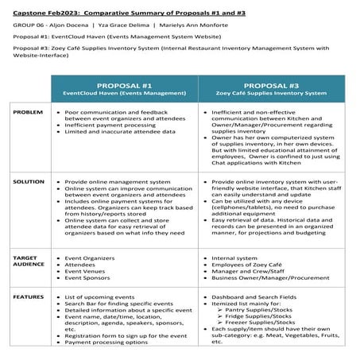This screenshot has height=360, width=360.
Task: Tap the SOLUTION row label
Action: click(29, 182)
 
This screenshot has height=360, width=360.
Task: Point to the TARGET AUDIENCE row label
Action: click(26, 263)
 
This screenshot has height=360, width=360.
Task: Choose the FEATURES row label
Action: click(29, 296)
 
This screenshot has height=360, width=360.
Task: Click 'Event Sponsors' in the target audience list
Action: click(87, 279)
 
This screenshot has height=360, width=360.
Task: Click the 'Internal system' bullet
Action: click(236, 258)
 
